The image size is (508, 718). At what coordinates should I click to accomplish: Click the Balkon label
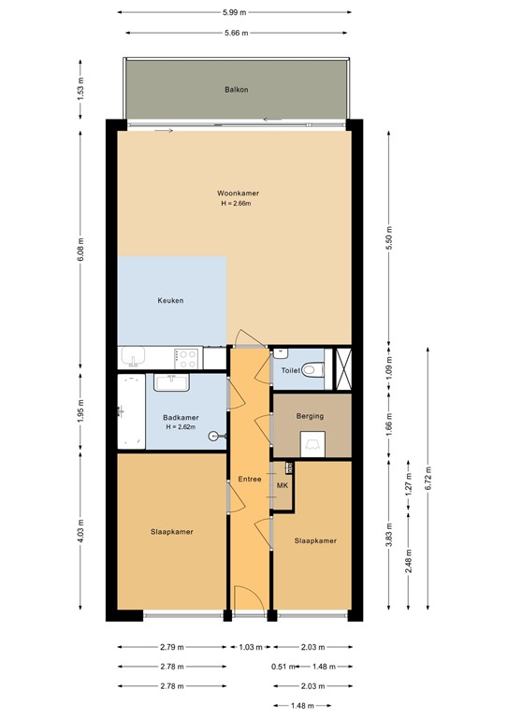click(236, 91)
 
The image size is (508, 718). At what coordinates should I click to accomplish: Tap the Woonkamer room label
click(238, 194)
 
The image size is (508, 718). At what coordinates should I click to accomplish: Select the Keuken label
click(170, 301)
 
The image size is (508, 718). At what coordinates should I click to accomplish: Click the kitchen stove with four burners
click(187, 356)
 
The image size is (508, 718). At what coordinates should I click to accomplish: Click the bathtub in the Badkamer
click(130, 412)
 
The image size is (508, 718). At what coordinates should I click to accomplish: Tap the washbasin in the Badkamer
click(173, 382)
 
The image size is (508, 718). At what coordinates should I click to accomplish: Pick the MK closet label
click(282, 487)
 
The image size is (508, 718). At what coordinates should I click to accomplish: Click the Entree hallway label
click(249, 479)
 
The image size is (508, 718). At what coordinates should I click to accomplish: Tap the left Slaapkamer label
click(171, 532)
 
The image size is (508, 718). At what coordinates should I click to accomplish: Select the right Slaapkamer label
click(315, 540)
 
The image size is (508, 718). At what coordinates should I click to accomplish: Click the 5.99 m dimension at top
click(236, 12)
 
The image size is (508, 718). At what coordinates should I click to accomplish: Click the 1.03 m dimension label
click(249, 647)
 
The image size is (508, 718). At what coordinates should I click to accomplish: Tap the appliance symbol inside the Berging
click(312, 445)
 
